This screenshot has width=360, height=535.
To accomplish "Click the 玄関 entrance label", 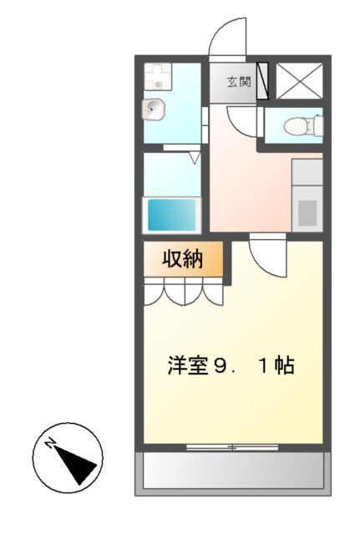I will (x=237, y=82).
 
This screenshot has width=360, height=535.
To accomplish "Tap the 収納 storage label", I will (x=182, y=259).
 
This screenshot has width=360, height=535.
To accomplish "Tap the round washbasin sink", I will (x=154, y=109).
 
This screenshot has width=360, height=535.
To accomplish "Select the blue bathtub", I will (x=172, y=214).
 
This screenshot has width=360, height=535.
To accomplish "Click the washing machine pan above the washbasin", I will (x=156, y=78).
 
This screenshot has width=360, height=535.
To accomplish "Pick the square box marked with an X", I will (x=297, y=82).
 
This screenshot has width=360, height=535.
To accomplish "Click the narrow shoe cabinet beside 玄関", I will (x=262, y=82).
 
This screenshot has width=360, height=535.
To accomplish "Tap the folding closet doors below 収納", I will (x=184, y=293).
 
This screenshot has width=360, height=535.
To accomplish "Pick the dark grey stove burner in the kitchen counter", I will (x=307, y=213).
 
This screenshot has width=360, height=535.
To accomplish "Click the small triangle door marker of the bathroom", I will (x=194, y=156).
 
